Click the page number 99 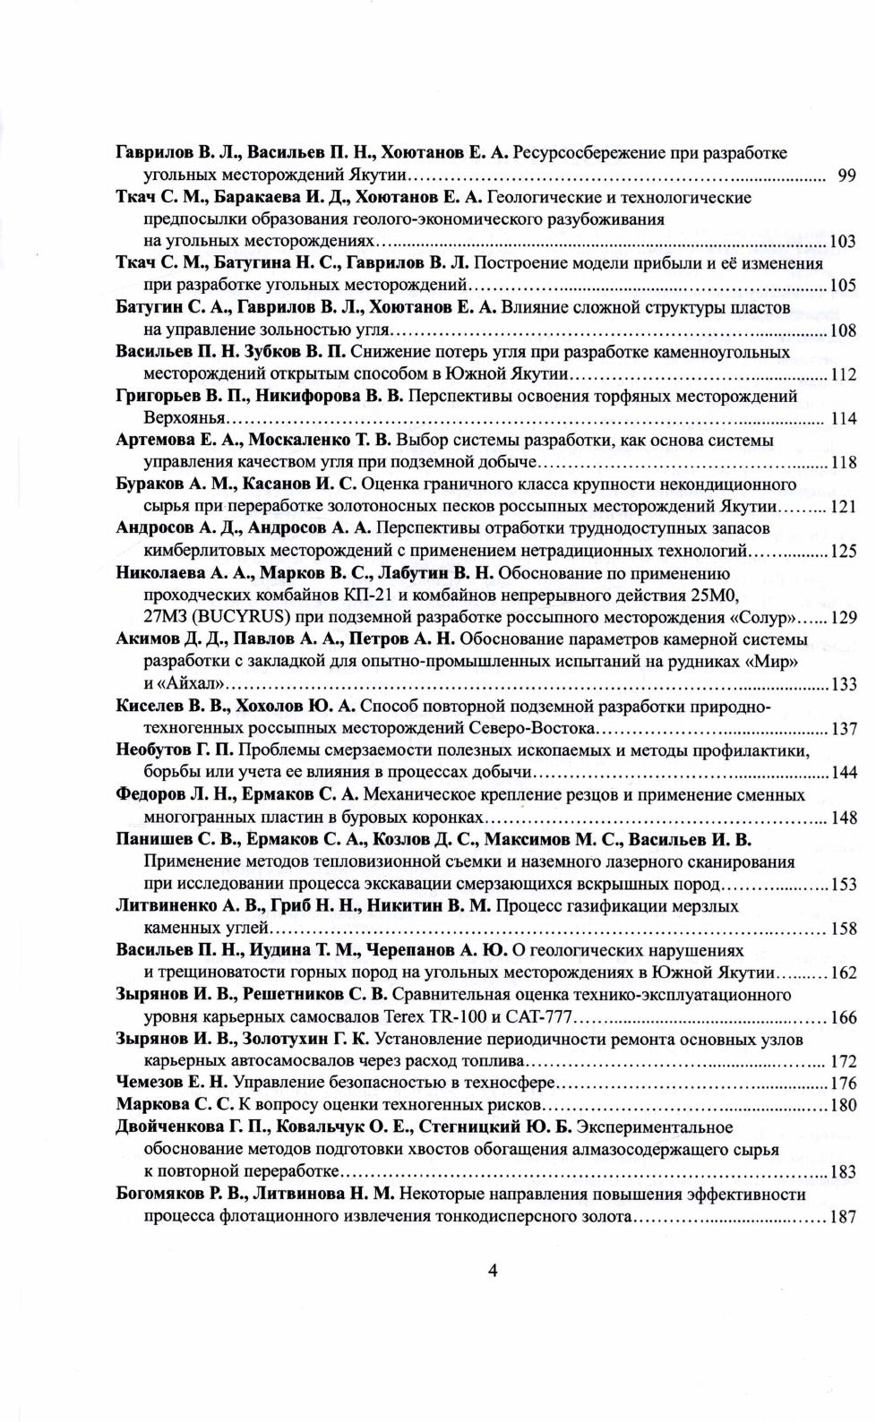point(846,176)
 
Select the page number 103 point(843,242)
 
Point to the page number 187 point(843,1217)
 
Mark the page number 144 point(843,773)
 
